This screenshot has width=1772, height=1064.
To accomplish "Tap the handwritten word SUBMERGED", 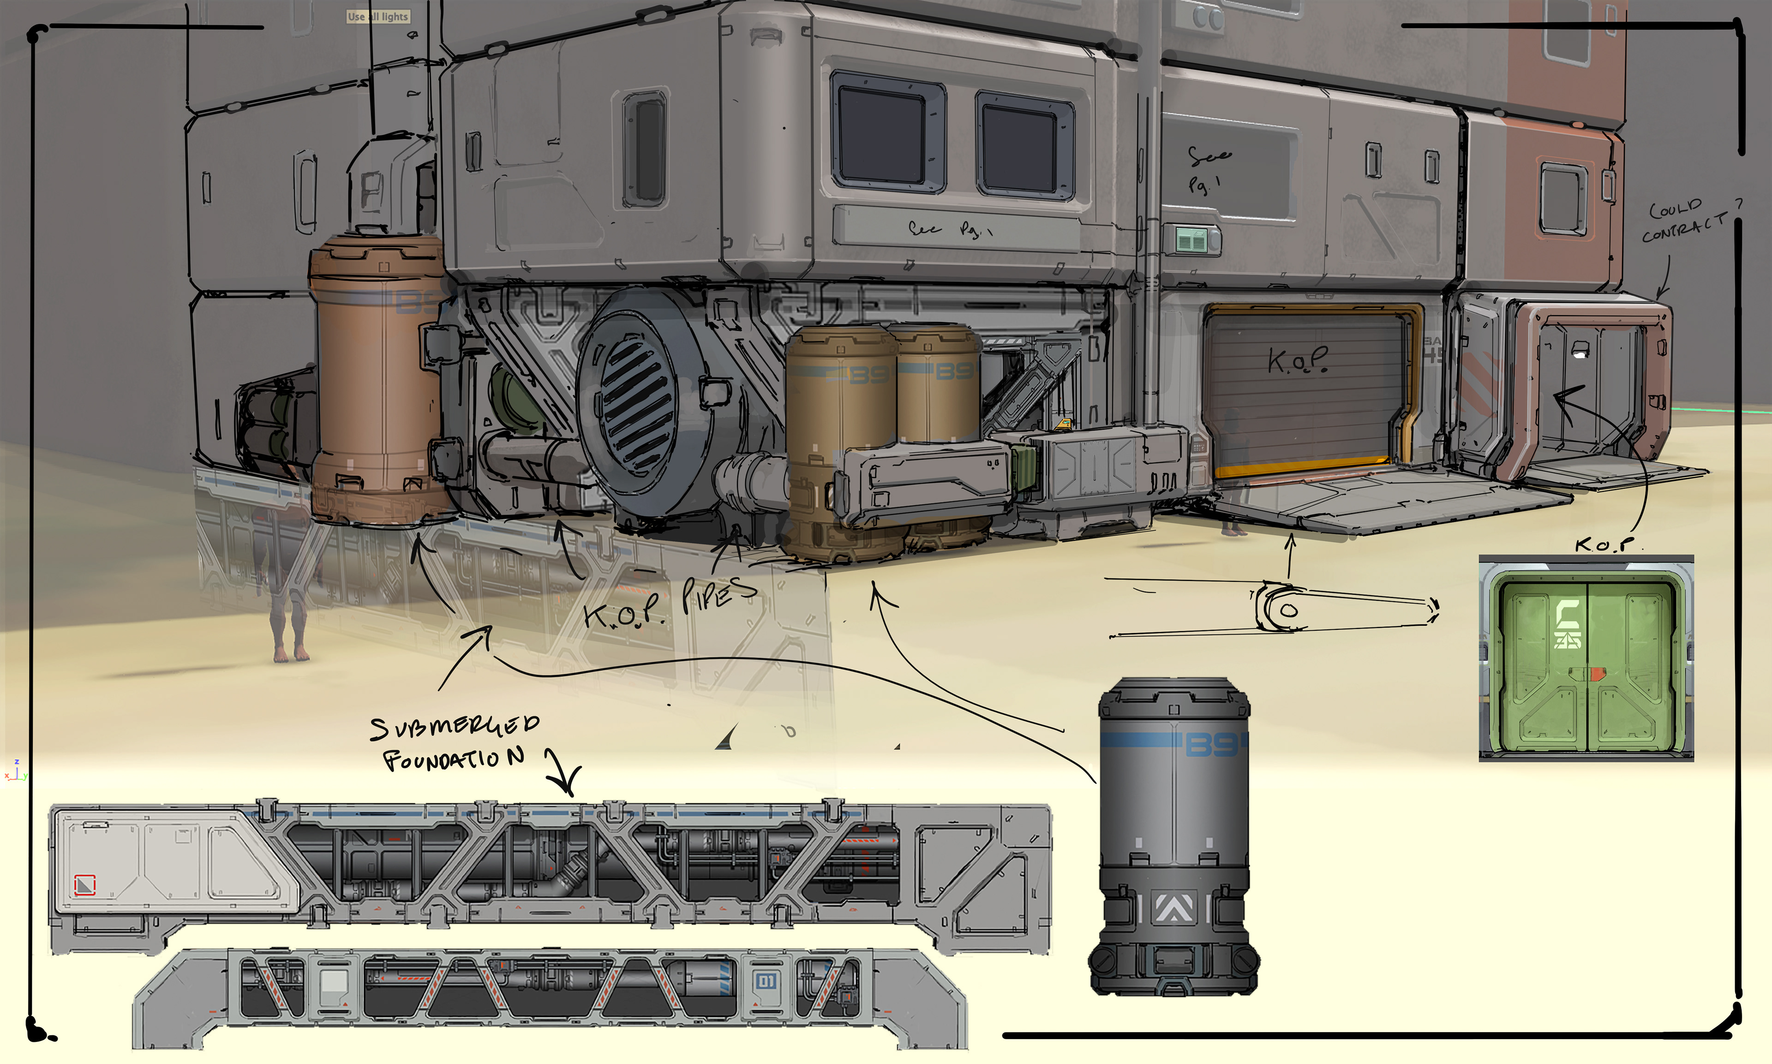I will coord(455,726).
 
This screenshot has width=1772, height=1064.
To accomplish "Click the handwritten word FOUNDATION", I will coord(453,759).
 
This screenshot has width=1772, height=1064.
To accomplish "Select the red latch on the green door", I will coord(1598,674).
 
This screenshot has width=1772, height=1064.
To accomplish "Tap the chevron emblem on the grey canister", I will coord(1173,908).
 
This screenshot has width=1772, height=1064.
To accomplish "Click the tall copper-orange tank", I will coord(378,380).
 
